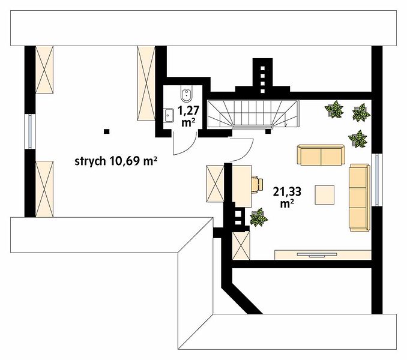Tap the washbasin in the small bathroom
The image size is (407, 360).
[169, 115]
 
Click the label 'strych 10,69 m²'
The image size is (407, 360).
[116, 161]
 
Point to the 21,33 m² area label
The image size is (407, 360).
[287, 197]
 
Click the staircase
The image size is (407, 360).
[253, 114]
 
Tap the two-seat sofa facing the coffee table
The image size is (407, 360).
[321, 155]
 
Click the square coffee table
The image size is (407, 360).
[325, 195]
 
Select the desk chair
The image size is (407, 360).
[257, 184]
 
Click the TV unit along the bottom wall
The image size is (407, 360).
[322, 254]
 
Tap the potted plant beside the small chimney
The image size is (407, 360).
[259, 217]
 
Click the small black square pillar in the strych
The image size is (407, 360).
[106, 131]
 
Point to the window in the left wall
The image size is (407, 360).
[30, 131]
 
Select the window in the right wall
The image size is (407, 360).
[377, 180]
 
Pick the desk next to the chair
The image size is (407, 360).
[241, 186]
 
